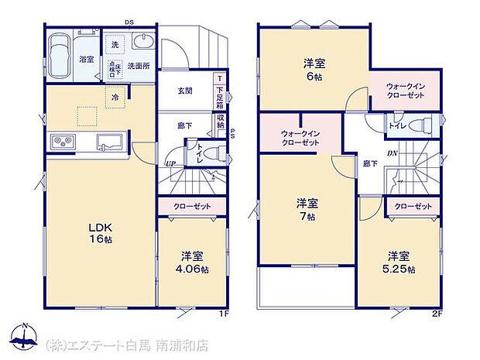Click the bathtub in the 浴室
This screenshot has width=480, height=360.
pos(60,55)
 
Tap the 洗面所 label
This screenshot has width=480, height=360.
pos(139,67)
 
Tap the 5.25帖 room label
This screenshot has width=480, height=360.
pos(398,262)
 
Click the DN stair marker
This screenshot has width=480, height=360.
pos(393,153)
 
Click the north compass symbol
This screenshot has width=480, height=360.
pos(26,334)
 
